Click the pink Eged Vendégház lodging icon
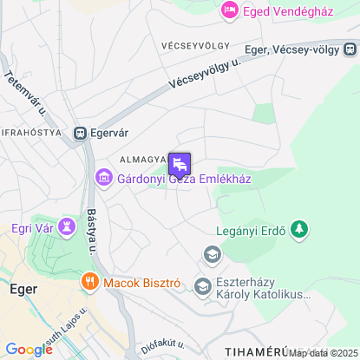[x=230, y=10]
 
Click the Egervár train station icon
[x=81, y=134]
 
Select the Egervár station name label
[x=110, y=134]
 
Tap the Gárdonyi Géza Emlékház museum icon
[x=103, y=180]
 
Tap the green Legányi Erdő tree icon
[x=299, y=229]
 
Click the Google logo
[x=29, y=349]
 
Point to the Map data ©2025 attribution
[x=323, y=353]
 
